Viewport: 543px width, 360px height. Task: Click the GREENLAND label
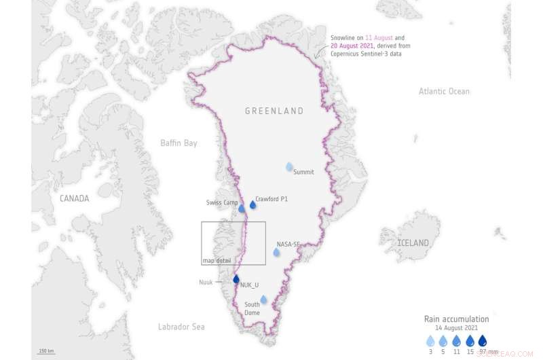[274, 111]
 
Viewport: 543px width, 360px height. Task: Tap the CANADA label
[73, 198]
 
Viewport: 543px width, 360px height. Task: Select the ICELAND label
[413, 242]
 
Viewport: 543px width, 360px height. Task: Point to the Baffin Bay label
[179, 143]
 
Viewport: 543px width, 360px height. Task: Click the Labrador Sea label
[181, 327]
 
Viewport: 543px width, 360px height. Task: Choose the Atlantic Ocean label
[444, 91]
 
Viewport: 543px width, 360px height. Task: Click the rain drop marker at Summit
[290, 166]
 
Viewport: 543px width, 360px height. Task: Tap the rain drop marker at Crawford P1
[253, 204]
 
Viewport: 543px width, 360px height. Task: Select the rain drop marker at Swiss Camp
[242, 208]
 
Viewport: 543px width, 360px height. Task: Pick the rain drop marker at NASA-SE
[276, 252]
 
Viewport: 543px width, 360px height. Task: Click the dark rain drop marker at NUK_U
[236, 278]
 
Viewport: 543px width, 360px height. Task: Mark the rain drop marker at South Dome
[263, 300]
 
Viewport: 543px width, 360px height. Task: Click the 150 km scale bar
[46, 352]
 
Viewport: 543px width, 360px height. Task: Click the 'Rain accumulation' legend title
[456, 319]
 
